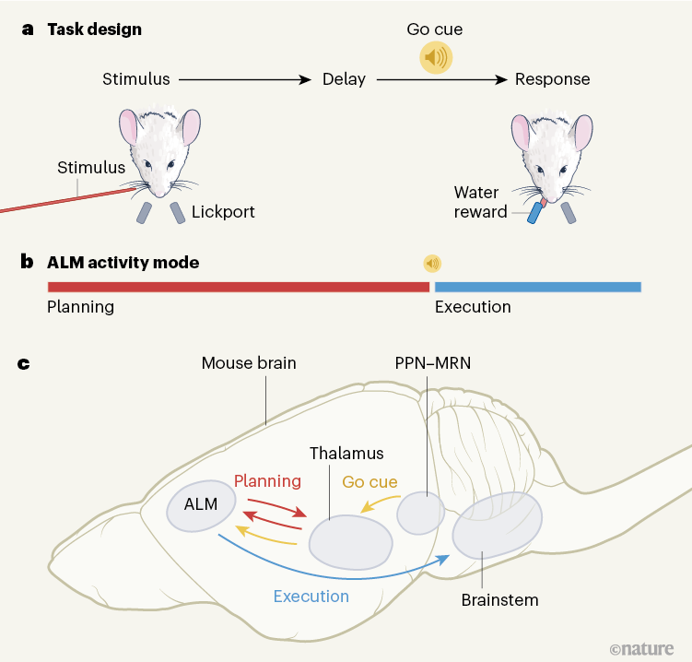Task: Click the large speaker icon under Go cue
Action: pyautogui.click(x=436, y=58)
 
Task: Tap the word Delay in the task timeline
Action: pyautogui.click(x=344, y=79)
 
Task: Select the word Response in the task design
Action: pyautogui.click(x=552, y=79)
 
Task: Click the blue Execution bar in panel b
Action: pyautogui.click(x=537, y=287)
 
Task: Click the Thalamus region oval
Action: pyautogui.click(x=349, y=541)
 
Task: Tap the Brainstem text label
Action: pyautogui.click(x=499, y=600)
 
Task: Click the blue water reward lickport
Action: pyautogui.click(x=534, y=213)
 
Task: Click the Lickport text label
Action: pyautogui.click(x=223, y=212)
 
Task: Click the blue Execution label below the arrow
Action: pyautogui.click(x=311, y=596)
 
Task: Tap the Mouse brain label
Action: pyautogui.click(x=249, y=362)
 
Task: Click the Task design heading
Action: pyautogui.click(x=95, y=29)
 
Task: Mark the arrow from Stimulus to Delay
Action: pyautogui.click(x=244, y=80)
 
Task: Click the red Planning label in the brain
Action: pyautogui.click(x=267, y=480)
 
